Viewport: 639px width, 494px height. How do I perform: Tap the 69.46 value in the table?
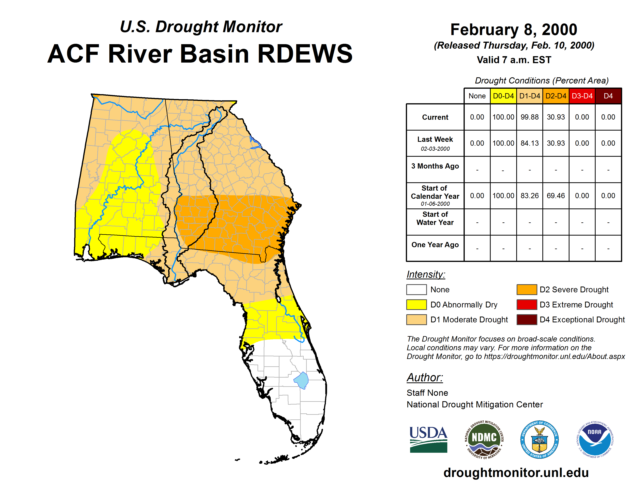[x=556, y=195]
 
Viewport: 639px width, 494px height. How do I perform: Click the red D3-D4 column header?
[x=582, y=96]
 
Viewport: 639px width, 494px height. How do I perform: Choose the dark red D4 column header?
[x=608, y=96]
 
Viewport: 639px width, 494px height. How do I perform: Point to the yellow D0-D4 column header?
[x=503, y=96]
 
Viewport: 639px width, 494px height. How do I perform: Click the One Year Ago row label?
[x=435, y=245]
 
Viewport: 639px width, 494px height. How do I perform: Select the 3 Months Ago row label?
[x=435, y=166]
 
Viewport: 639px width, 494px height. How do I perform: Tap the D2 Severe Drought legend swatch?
[x=527, y=289]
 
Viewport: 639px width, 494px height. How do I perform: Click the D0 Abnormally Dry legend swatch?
[x=416, y=304]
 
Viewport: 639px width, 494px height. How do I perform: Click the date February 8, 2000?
[x=514, y=30]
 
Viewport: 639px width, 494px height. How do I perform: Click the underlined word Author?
[x=425, y=378]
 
